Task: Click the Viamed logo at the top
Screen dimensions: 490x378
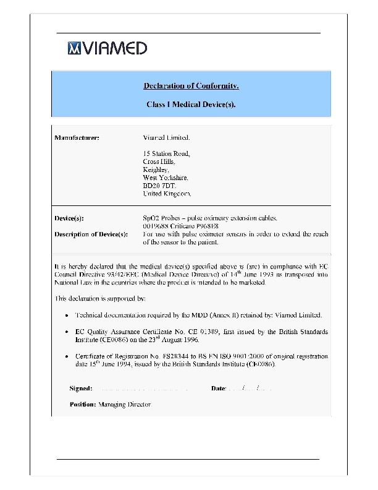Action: (x=107, y=48)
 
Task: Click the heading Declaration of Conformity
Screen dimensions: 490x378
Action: (x=191, y=85)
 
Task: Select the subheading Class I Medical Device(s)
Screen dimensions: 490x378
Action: (x=191, y=105)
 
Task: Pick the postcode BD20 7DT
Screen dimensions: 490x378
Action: (x=159, y=185)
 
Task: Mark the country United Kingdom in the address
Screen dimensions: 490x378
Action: (x=167, y=193)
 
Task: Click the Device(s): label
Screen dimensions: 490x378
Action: (x=70, y=218)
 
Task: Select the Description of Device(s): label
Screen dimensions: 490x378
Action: (x=91, y=234)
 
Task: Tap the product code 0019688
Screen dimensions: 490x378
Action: (x=156, y=226)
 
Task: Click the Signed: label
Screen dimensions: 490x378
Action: (x=81, y=389)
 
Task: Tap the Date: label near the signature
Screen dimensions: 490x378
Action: (x=219, y=389)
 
